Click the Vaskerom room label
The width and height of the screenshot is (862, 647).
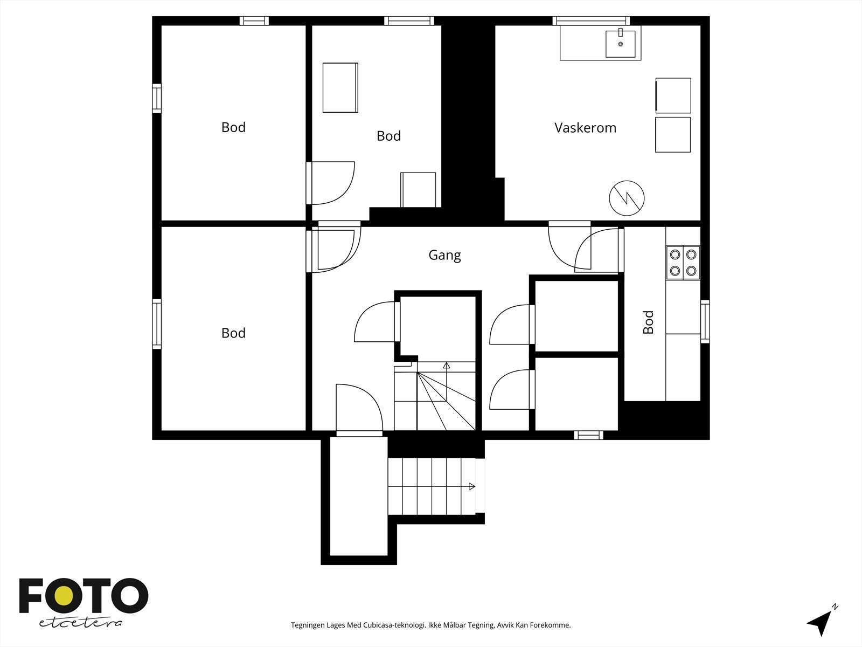[x=585, y=128]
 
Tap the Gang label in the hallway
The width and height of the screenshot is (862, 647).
[x=444, y=254]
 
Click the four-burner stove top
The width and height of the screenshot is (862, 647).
[x=683, y=262]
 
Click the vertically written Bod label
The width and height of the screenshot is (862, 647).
[x=648, y=322]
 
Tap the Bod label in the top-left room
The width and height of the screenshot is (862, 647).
[x=233, y=127]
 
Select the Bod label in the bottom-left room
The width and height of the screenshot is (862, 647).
[x=233, y=333]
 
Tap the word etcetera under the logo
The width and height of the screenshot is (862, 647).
[x=80, y=623]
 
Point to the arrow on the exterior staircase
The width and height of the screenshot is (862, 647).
[x=471, y=486]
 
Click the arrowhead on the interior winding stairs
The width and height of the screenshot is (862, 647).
[x=446, y=366]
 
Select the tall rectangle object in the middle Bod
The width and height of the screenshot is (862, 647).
[x=340, y=87]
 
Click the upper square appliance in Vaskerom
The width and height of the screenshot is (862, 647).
[x=673, y=95]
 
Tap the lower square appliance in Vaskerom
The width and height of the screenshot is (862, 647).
[x=673, y=135]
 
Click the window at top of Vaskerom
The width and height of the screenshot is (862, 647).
[x=590, y=20]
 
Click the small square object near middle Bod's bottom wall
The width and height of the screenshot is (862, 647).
[x=418, y=189]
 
